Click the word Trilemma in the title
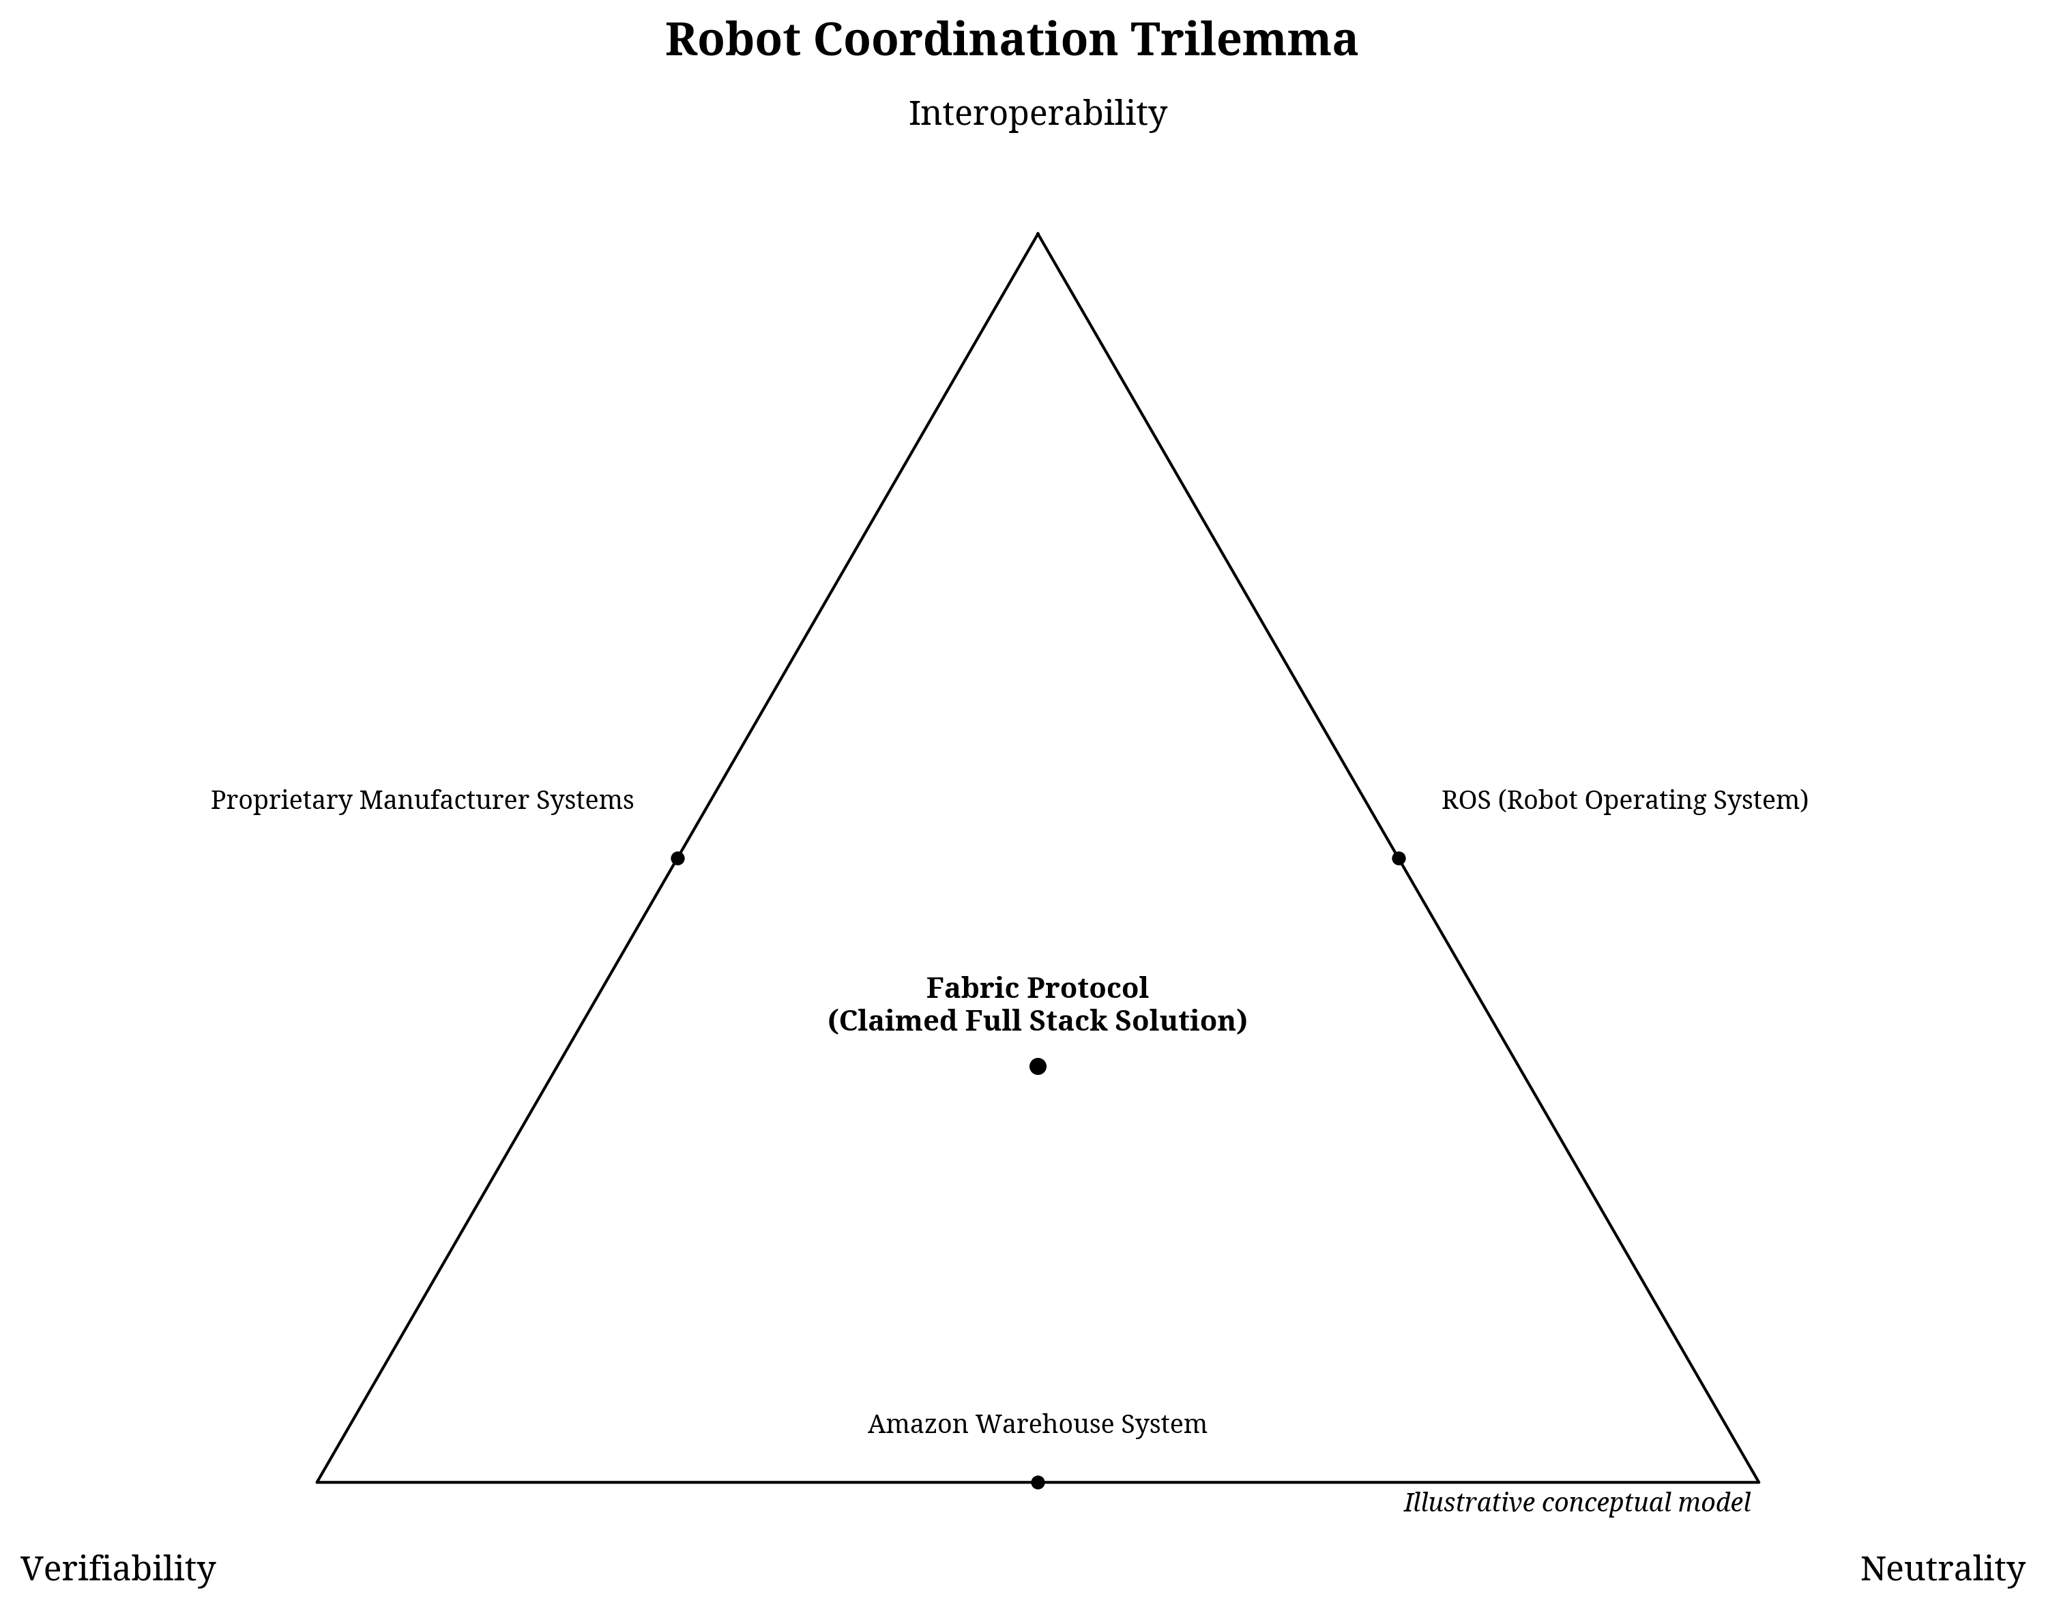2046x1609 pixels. point(1244,40)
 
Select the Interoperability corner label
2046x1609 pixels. point(1037,113)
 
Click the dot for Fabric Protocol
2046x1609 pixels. point(1037,1066)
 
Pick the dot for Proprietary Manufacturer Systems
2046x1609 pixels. point(677,858)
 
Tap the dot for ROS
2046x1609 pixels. point(1398,858)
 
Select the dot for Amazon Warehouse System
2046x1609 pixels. point(1037,1483)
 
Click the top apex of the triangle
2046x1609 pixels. point(1037,234)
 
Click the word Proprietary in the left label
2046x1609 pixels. point(280,801)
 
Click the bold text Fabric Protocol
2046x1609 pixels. point(1037,988)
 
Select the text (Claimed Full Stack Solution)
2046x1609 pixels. point(1037,1021)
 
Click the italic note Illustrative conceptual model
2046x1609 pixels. point(1577,1503)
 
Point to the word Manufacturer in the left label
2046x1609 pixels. point(443,801)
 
